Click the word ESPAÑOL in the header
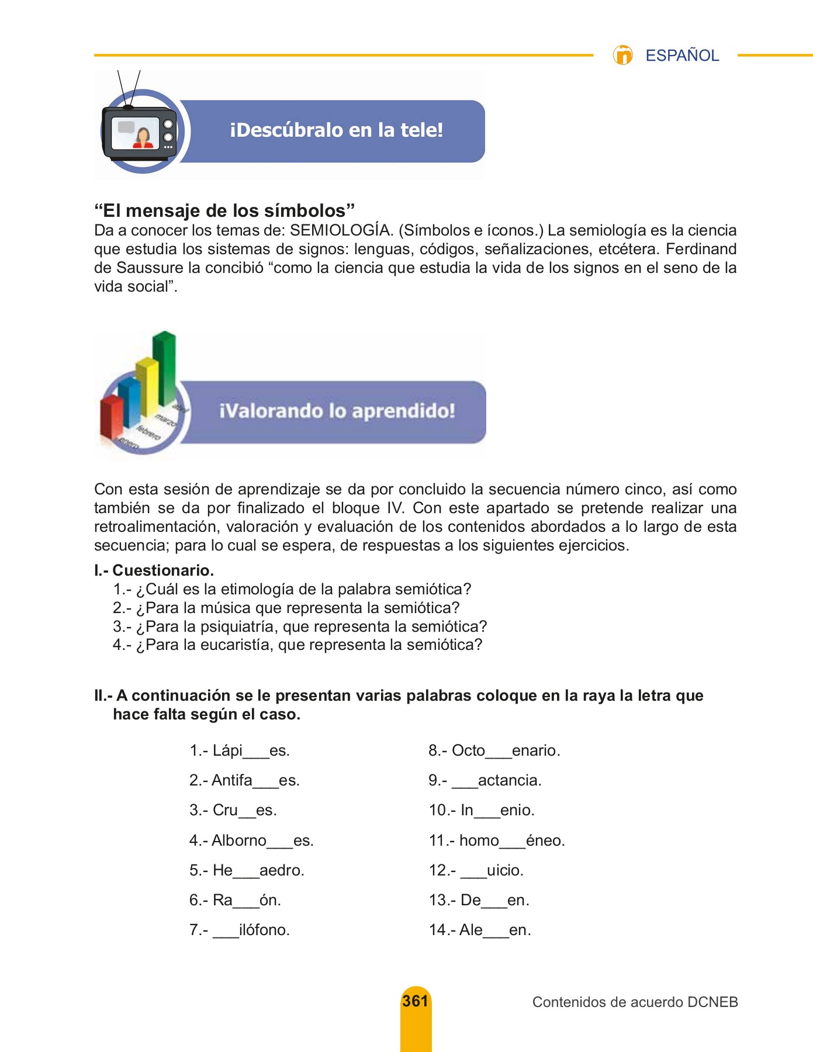click(681, 56)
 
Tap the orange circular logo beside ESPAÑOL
click(623, 55)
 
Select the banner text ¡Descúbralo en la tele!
click(336, 130)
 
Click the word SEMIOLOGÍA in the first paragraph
click(340, 230)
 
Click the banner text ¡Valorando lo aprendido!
click(337, 411)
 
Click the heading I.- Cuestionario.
click(154, 570)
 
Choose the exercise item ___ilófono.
click(251, 930)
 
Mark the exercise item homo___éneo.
click(512, 840)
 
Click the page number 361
click(416, 1001)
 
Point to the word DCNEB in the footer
click(712, 1002)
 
